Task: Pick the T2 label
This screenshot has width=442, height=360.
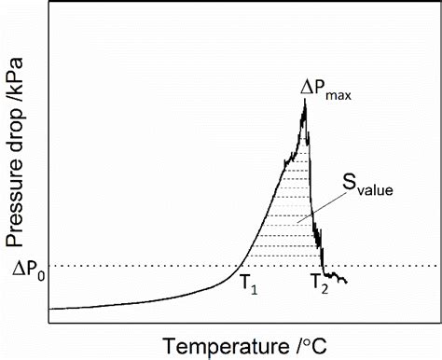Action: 319,284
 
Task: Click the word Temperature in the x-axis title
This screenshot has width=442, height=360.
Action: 225,344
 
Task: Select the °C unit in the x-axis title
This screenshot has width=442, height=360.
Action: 314,344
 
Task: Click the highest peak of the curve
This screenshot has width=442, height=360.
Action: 304,100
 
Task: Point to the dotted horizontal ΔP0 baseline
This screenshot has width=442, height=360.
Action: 140,267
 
